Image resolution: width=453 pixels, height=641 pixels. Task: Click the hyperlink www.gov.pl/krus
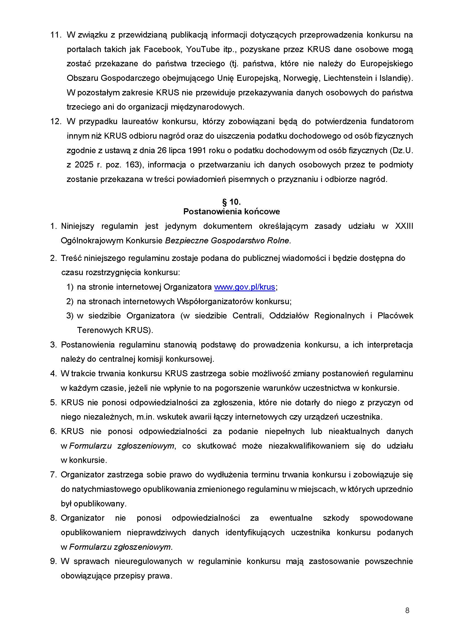[244, 287]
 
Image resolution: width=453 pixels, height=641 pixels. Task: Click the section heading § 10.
[231, 202]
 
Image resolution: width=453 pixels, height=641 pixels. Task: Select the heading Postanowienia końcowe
[231, 212]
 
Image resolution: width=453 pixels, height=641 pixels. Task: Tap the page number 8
[407, 611]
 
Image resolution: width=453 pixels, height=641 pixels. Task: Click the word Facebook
[161, 49]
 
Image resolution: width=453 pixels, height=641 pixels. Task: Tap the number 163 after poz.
[132, 165]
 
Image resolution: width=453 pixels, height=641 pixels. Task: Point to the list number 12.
[56, 121]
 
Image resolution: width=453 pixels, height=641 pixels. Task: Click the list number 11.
[56, 35]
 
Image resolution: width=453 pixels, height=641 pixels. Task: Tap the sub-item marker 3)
[70, 316]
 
